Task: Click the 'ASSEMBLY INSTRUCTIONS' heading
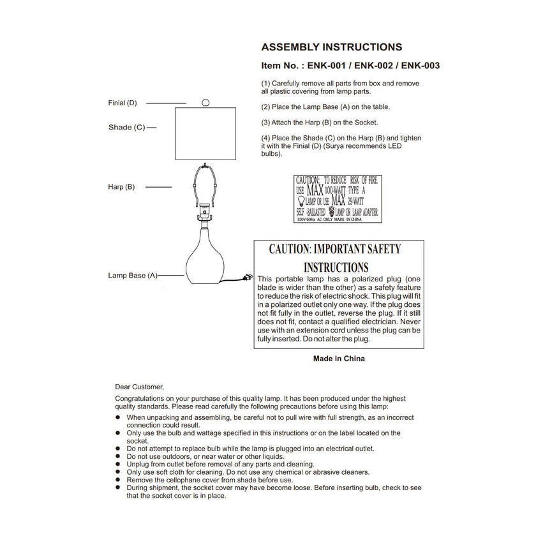(332, 47)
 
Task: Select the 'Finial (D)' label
(123, 103)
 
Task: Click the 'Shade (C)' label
(126, 128)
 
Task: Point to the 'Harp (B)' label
(121, 187)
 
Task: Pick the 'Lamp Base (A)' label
(132, 276)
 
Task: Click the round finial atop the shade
(205, 102)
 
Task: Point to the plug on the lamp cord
(244, 277)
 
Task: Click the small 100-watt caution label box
(338, 198)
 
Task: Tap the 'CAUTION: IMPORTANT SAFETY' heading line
(335, 249)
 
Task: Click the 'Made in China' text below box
(339, 359)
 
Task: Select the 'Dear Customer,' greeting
(139, 387)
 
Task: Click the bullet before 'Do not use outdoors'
(118, 457)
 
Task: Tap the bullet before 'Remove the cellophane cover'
(118, 480)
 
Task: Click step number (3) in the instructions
(265, 123)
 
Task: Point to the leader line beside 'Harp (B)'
(160, 187)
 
